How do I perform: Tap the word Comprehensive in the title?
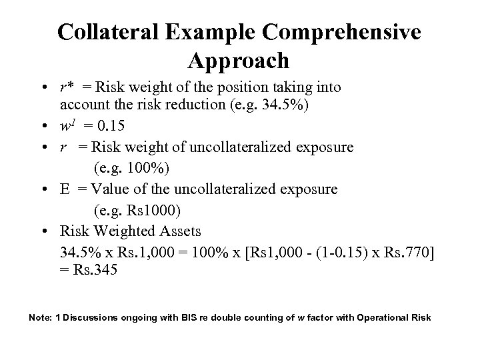(x=344, y=33)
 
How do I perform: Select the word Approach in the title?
(x=239, y=61)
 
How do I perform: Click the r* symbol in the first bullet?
(x=67, y=87)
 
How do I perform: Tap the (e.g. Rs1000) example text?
(x=137, y=211)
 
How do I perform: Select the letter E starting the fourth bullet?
(x=65, y=189)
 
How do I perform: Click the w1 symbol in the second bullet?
(x=67, y=125)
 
